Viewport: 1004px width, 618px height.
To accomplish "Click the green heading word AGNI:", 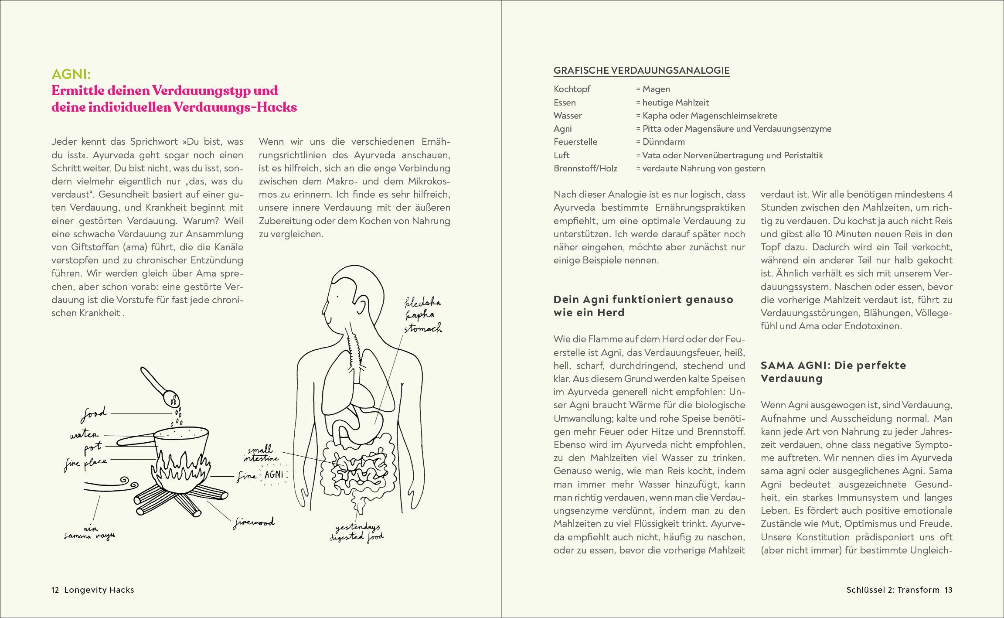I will [x=71, y=74].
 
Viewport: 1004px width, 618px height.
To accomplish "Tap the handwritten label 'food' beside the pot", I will [x=94, y=414].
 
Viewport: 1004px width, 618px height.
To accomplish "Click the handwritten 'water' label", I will [x=85, y=435].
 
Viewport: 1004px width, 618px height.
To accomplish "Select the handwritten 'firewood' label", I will [x=254, y=522].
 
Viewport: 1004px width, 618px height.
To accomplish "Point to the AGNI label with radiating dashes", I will [x=274, y=475].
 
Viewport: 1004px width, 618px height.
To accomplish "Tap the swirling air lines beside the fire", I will [x=111, y=485].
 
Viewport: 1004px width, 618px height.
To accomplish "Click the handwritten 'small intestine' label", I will [x=261, y=454].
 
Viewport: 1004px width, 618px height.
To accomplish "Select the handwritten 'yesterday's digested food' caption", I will [x=357, y=533].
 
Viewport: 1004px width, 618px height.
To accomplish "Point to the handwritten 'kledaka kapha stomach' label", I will [x=422, y=315].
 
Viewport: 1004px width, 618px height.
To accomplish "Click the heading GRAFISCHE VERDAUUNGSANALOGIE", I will [x=641, y=70].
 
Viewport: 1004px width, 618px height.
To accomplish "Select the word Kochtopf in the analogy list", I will [x=572, y=89].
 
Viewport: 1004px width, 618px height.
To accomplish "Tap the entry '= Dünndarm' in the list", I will [x=660, y=142].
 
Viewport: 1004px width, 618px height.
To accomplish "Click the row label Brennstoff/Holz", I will [x=585, y=168].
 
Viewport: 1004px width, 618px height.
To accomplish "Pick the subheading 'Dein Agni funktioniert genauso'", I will [x=643, y=300].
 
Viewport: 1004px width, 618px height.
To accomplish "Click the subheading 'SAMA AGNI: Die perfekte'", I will [x=833, y=365].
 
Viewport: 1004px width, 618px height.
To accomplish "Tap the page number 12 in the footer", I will [x=55, y=590].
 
